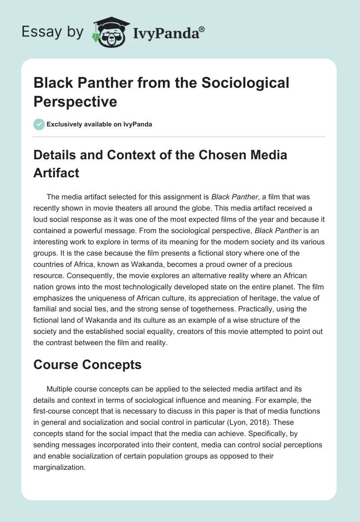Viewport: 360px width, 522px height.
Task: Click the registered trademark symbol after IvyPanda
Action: tap(202, 30)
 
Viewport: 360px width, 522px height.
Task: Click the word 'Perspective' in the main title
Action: tap(75, 102)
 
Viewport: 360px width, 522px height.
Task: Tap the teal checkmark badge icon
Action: tap(39, 124)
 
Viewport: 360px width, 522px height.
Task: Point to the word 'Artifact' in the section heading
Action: tap(56, 173)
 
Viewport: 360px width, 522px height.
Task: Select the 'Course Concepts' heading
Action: tap(87, 364)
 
